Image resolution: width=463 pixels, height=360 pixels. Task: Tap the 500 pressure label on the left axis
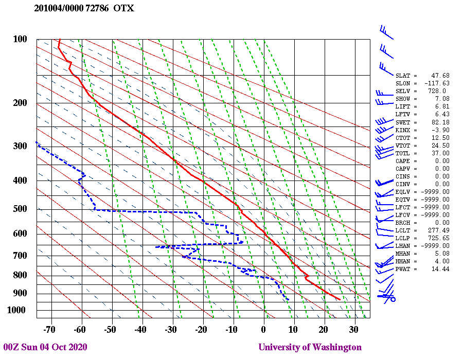point(20,209)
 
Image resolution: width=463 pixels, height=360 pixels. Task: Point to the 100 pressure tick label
point(20,39)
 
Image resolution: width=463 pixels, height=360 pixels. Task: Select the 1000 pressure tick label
point(17,310)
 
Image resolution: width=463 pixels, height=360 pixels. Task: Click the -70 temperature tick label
point(49,329)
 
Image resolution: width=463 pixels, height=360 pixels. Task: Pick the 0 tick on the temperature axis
point(263,329)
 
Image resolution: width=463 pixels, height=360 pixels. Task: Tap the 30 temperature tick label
point(353,329)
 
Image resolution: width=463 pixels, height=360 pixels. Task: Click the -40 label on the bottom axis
point(139,329)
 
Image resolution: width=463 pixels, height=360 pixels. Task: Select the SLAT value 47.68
point(440,76)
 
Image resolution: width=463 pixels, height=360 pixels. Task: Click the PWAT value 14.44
point(440,269)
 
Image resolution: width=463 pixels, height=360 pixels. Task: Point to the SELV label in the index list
point(403,91)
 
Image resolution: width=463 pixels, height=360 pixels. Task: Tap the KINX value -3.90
point(440,130)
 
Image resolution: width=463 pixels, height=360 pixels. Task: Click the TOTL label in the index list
point(403,153)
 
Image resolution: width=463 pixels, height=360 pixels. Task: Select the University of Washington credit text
point(310,347)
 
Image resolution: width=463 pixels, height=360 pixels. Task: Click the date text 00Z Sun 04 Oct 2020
point(45,347)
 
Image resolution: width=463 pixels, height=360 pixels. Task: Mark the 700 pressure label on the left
point(20,256)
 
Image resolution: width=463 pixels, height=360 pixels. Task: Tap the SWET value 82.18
point(440,122)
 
